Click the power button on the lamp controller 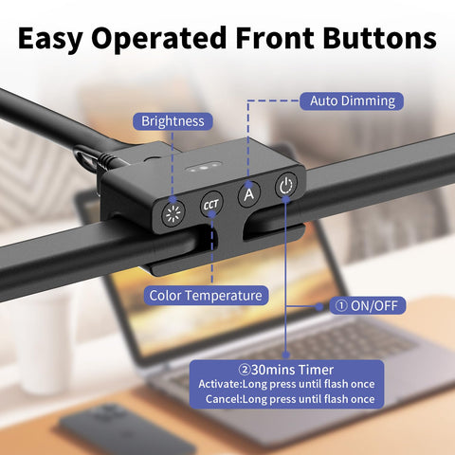click(x=286, y=186)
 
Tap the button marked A click(x=249, y=194)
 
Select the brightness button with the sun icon click(x=173, y=214)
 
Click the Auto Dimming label click(x=352, y=101)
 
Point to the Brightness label click(x=173, y=121)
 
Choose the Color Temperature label click(x=206, y=296)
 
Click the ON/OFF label click(x=368, y=305)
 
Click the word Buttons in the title click(x=379, y=38)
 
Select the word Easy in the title click(x=51, y=39)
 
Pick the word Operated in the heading click(x=159, y=39)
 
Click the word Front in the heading click(x=275, y=38)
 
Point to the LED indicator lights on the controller click(x=203, y=167)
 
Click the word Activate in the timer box click(x=220, y=384)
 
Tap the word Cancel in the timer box click(x=224, y=399)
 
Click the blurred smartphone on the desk click(x=127, y=429)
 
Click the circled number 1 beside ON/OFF click(x=341, y=306)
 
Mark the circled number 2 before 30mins click(x=245, y=370)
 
